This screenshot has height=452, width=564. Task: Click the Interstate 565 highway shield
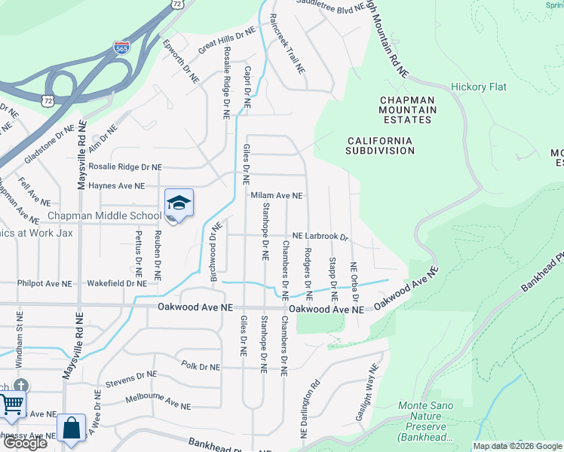[x=121, y=47]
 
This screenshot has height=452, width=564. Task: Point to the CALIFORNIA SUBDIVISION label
[x=380, y=145]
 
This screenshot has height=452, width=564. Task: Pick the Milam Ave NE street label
[x=276, y=195]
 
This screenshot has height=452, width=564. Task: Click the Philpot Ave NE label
[x=44, y=284]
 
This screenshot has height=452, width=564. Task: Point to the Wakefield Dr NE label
[x=116, y=284]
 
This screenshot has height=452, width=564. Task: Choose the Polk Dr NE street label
[x=201, y=367]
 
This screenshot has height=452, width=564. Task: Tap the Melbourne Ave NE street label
[x=158, y=401]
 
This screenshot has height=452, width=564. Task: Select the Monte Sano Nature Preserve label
[x=433, y=421]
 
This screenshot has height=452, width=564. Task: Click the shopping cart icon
[x=11, y=405]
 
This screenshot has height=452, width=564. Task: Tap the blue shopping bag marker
[x=71, y=429]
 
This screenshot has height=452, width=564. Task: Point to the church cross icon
[x=22, y=386]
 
